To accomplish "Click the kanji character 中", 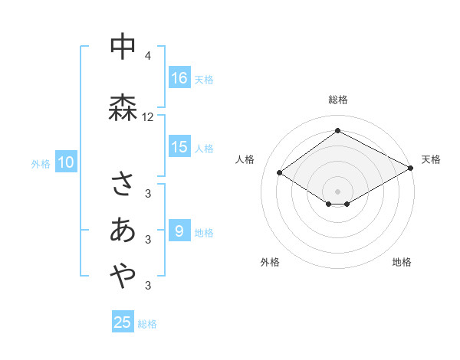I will [123, 48].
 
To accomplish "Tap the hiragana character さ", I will [123, 184].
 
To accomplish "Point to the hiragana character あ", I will [123, 231].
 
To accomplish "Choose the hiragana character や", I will [123, 278].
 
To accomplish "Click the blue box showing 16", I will [179, 78].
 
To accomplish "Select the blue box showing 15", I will [179, 147].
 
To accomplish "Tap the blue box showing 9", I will [179, 231].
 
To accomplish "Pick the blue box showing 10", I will [65, 162].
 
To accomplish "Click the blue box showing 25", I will [123, 322].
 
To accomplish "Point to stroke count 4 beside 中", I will [148, 56].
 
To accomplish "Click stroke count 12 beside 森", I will [148, 117].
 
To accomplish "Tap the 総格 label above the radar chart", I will [338, 100].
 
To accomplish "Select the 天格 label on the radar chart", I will [431, 159].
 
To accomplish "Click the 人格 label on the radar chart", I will [245, 159].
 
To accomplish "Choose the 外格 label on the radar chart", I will [270, 262].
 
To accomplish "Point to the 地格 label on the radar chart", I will [402, 262].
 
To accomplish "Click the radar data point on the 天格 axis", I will [412, 168].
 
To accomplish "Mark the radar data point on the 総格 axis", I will [337, 131].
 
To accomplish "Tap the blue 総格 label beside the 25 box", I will [147, 324].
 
